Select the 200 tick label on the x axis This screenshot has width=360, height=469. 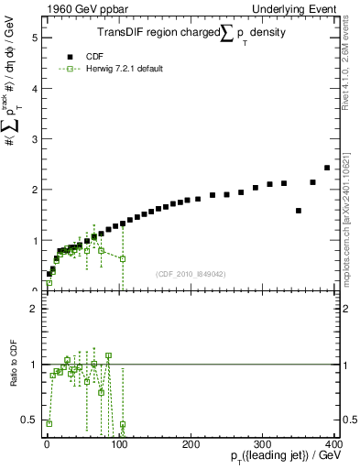pos(191,444)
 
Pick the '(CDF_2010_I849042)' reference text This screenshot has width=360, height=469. pos(191,274)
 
